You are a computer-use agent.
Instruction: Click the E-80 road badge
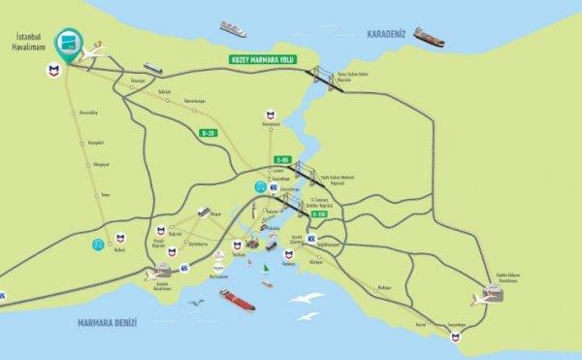pyautogui.click(x=282, y=160)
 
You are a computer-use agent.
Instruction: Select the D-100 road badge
pyautogui.click(x=333, y=213)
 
